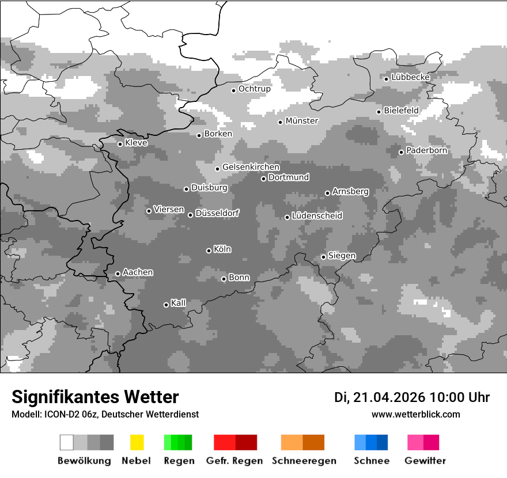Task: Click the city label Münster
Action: click(302, 121)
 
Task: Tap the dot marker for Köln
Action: click(209, 251)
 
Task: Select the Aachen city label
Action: click(138, 272)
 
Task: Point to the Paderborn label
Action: click(426, 151)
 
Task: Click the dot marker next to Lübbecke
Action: click(387, 79)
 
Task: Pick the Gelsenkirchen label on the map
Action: click(251, 167)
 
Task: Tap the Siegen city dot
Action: click(323, 257)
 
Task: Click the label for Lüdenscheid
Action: click(317, 216)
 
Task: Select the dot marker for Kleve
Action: click(120, 144)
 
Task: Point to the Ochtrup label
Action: click(254, 89)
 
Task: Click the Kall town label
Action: click(179, 303)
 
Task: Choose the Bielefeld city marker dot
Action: click(379, 112)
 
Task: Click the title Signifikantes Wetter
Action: click(95, 397)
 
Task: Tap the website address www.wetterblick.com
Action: click(415, 414)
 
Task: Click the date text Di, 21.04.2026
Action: click(379, 397)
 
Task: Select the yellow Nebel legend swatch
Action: click(137, 442)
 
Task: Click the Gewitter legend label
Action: click(425, 461)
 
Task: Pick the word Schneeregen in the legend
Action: click(304, 461)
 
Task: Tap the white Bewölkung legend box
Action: click(67, 442)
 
